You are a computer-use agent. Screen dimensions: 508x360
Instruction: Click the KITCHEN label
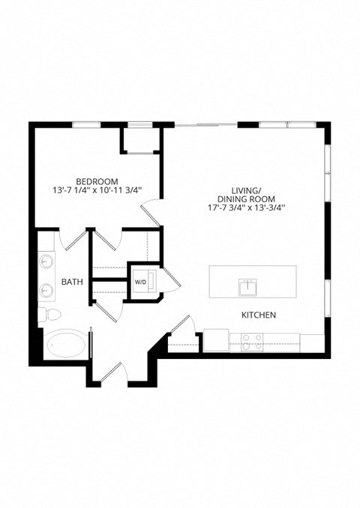click(259, 315)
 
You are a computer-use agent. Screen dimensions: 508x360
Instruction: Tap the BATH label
click(72, 282)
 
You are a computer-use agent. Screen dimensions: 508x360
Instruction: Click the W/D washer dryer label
click(140, 282)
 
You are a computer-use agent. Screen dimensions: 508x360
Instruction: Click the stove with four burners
click(251, 342)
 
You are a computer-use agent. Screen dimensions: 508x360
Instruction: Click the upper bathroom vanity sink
click(47, 261)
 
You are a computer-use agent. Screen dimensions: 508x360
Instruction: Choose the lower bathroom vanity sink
click(47, 290)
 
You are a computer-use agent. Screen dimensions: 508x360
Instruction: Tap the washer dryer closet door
click(172, 281)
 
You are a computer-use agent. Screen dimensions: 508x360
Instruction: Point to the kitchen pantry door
click(180, 327)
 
